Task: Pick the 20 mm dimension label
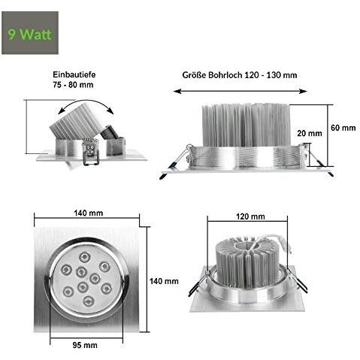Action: tap(309, 133)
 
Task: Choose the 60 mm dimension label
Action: tap(343, 128)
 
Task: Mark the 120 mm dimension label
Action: tap(251, 216)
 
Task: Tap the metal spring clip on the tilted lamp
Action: tap(94, 152)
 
